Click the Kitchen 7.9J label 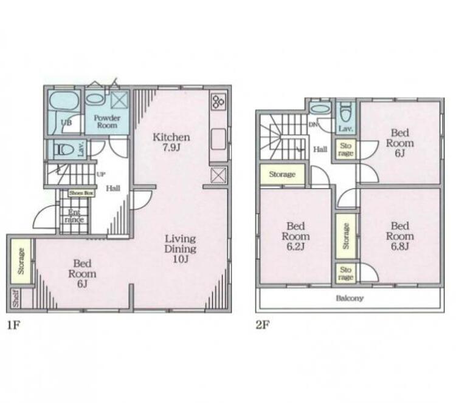tap(171, 142)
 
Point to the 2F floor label tap(263, 325)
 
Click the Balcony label tap(349, 299)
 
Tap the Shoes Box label tap(81, 193)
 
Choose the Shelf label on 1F tap(15, 299)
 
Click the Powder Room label tap(107, 121)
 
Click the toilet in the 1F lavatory tap(63, 149)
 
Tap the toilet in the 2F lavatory tap(345, 113)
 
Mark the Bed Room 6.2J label tap(296, 235)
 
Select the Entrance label tap(74, 215)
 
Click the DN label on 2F tap(313, 125)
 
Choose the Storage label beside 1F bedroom tap(21, 261)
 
